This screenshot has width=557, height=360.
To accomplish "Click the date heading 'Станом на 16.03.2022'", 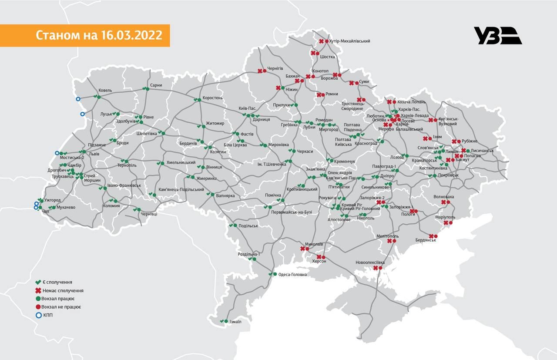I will [99, 35].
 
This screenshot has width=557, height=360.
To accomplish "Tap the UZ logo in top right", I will [497, 36].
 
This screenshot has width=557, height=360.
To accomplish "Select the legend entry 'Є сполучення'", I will [57, 282].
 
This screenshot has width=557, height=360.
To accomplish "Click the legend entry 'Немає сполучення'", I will [63, 290].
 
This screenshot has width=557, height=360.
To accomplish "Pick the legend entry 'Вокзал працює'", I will [58, 299].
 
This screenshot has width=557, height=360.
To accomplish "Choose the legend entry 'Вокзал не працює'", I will [61, 307].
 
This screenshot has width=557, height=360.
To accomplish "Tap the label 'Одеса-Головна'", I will [292, 275].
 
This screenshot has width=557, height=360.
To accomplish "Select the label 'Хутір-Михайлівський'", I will [350, 41].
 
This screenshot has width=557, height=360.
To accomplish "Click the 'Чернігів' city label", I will [275, 69].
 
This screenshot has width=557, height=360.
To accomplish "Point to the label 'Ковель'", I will [105, 91].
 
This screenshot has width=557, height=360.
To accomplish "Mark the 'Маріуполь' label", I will [445, 217].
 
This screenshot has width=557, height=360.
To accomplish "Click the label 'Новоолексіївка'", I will [370, 262].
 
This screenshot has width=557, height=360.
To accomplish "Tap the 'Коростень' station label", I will [212, 98].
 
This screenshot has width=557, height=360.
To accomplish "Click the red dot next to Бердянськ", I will [435, 236].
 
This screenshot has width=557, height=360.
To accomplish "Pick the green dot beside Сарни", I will [148, 89].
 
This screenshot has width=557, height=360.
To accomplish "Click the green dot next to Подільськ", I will [235, 225].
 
